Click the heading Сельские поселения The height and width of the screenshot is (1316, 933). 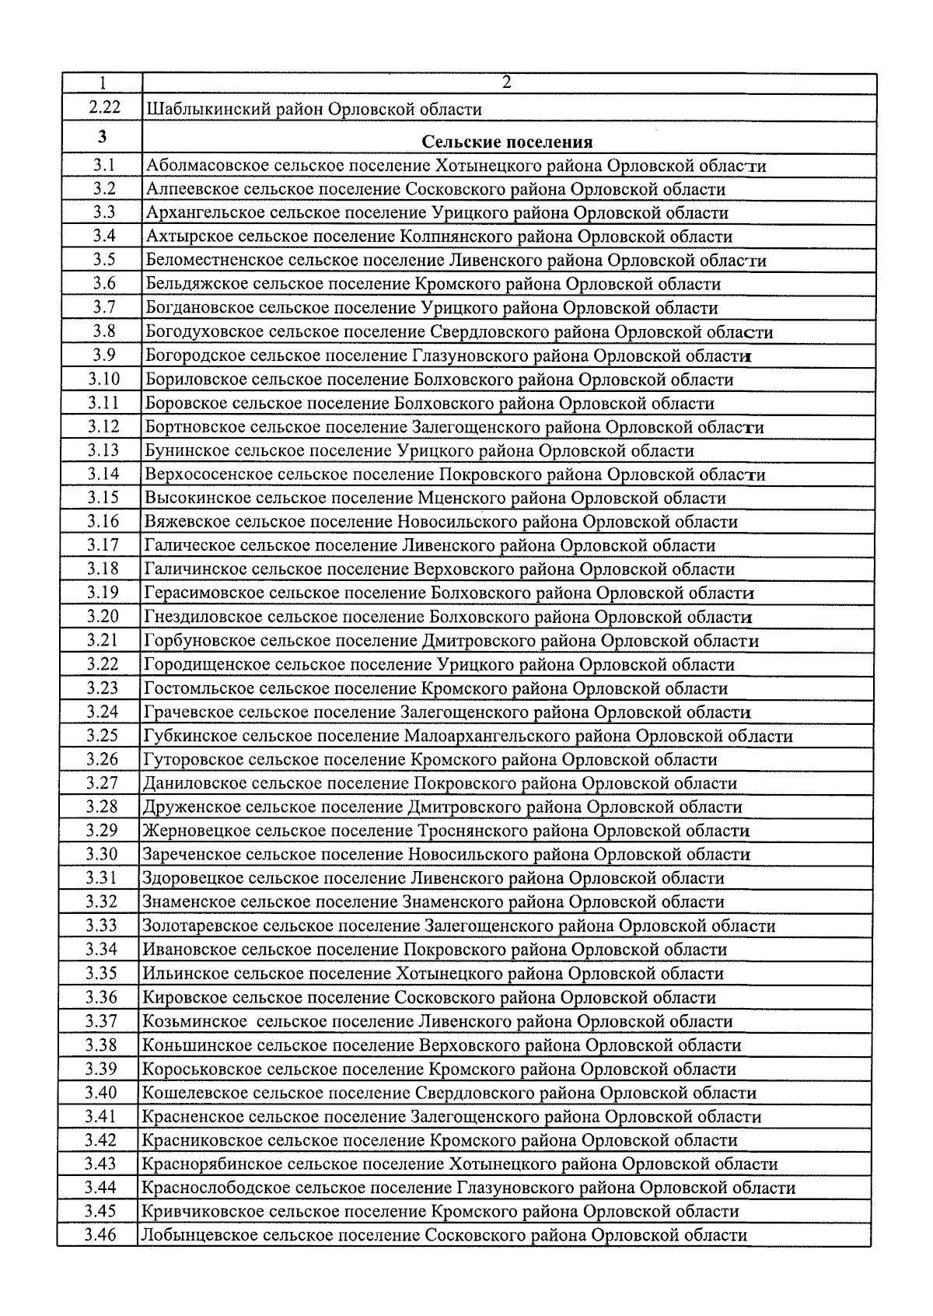(507, 142)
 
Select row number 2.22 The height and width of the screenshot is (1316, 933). (103, 108)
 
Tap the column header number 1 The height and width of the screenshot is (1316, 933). (103, 83)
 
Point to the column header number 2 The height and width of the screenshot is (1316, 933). (507, 82)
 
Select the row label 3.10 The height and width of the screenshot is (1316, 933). (103, 380)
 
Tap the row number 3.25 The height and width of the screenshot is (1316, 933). (103, 735)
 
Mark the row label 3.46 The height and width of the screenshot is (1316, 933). (100, 1234)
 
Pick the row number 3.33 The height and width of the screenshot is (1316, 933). (101, 926)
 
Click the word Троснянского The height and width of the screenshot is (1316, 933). (471, 831)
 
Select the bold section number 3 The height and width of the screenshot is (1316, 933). (103, 138)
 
